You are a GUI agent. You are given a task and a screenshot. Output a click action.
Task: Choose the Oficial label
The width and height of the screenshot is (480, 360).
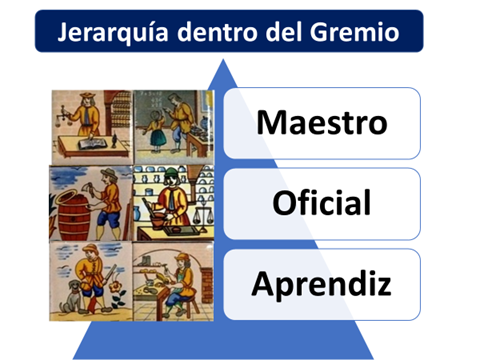321,203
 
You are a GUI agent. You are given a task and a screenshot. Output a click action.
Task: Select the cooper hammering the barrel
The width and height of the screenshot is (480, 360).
108,196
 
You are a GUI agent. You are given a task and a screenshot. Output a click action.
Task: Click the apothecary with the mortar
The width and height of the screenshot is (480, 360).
172,199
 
